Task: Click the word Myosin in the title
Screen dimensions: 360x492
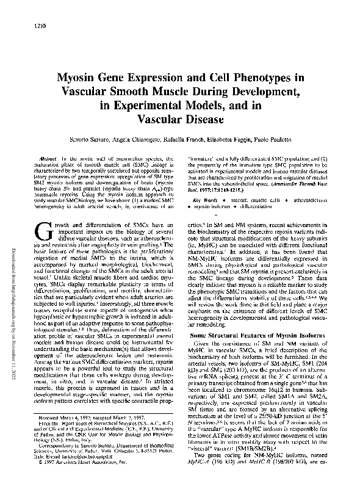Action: coord(98,78)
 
